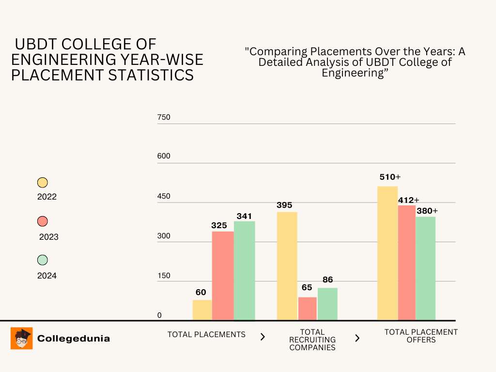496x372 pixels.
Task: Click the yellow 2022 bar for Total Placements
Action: click(202, 310)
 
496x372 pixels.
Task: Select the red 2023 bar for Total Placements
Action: click(223, 276)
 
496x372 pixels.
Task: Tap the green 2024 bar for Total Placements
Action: click(245, 271)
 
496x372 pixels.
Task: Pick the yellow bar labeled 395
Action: click(287, 266)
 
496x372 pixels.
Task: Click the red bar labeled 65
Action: click(308, 309)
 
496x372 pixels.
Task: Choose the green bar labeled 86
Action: click(328, 304)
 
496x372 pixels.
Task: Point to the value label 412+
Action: click(408, 200)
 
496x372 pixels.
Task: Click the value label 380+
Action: click(427, 211)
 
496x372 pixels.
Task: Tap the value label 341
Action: click(245, 216)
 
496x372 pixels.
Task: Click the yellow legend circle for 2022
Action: click(43, 183)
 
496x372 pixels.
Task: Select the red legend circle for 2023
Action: click(43, 221)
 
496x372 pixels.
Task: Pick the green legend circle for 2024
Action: click(43, 260)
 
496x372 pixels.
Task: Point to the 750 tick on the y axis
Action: click(164, 117)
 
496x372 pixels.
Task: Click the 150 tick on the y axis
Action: click(164, 276)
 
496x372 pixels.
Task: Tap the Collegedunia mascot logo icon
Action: click(21, 338)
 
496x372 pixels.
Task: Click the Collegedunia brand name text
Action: click(74, 339)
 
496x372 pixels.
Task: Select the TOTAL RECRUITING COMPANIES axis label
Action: click(312, 340)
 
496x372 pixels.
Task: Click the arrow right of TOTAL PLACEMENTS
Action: click(263, 337)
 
